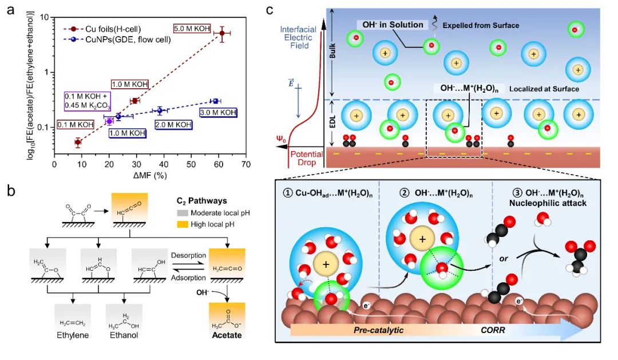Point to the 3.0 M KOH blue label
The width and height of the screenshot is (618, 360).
(218, 113)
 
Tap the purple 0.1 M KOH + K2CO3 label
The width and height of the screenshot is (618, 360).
(88, 104)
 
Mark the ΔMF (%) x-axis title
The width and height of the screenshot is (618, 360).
(150, 175)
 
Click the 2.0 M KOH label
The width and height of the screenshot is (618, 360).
(173, 124)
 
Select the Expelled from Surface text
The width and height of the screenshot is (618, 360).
(483, 26)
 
